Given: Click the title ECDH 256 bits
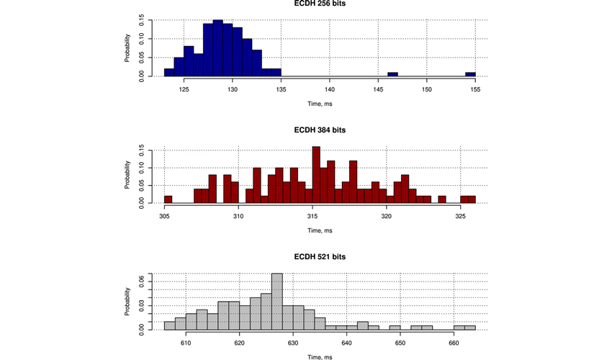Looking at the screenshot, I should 320,4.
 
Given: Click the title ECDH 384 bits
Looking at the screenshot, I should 320,130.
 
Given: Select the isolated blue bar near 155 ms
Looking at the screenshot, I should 470,74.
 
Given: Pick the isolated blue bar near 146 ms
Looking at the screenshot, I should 392,74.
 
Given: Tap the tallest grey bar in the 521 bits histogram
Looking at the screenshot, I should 277,301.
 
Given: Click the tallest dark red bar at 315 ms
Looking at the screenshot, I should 315,175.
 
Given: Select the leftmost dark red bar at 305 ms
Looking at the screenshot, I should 168,199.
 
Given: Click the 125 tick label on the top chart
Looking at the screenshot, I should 184,89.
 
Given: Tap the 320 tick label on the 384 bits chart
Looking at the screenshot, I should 387,216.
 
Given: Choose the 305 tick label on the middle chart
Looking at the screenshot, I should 165,216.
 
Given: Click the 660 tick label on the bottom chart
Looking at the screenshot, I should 454,343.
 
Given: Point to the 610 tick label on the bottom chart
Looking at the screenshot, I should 186,343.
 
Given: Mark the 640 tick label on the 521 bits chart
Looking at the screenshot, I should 347,343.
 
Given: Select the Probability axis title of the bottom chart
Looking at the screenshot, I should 127,302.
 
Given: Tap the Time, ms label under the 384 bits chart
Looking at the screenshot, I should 320,230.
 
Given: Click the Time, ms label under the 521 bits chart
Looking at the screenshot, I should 320,356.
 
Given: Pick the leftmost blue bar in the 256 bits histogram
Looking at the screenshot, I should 169,72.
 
